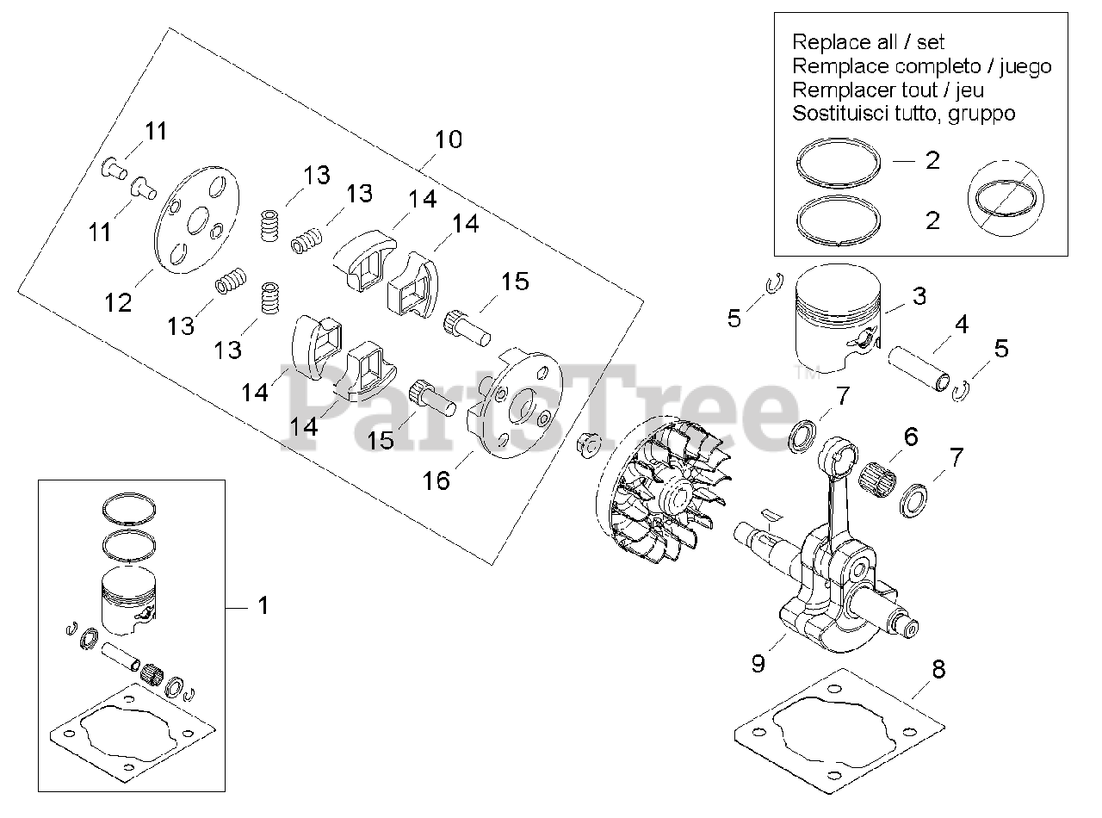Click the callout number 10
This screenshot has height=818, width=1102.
tap(448, 139)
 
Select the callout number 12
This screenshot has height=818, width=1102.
tap(119, 302)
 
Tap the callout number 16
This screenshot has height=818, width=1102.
tap(436, 480)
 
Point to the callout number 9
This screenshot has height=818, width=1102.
tap(758, 664)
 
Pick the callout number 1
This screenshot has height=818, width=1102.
tap(263, 605)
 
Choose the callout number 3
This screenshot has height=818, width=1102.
tap(919, 297)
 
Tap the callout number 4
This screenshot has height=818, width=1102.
tap(962, 325)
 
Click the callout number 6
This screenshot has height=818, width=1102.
tap(910, 437)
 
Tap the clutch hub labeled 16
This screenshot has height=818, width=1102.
tap(512, 406)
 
